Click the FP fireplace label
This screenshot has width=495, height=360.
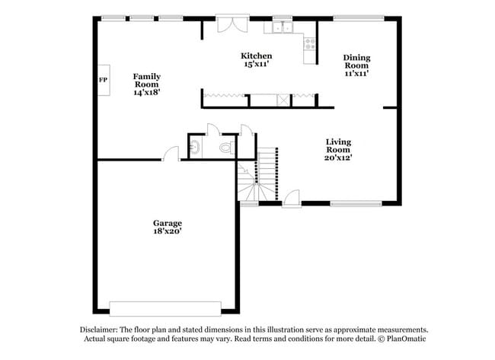[x=103, y=80]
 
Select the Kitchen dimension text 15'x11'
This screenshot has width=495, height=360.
[x=257, y=65]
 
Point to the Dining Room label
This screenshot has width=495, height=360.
[x=356, y=61]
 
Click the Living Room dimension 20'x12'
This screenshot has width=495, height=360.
[x=338, y=158]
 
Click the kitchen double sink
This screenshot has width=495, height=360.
[x=284, y=29]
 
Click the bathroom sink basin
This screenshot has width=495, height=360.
[x=194, y=148]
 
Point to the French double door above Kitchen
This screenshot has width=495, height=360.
[x=230, y=24]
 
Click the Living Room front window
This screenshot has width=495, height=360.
[x=355, y=203]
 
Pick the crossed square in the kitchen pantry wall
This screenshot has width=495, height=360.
[x=283, y=99]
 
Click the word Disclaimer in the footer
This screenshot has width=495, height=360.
[x=99, y=330]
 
